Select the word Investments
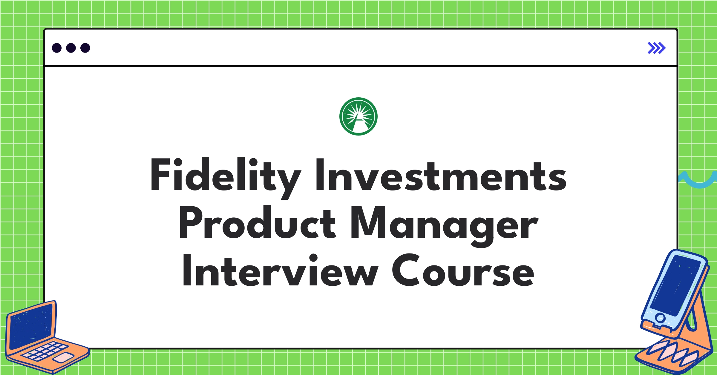(441, 176)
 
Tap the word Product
(257, 223)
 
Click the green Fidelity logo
(358, 116)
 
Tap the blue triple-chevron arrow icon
(656, 48)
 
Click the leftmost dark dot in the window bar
(57, 48)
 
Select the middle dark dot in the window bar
(71, 48)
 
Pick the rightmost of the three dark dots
(85, 48)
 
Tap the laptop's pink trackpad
(64, 357)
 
